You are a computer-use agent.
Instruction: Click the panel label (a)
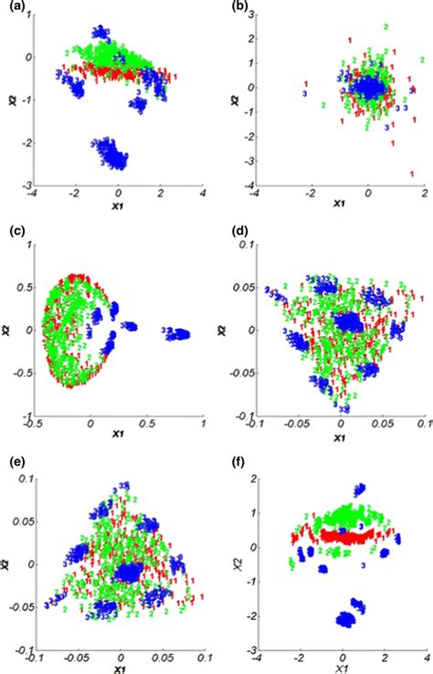coord(12,10)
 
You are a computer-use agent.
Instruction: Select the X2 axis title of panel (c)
coord(8,330)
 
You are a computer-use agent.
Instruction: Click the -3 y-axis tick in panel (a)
coord(23,187)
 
